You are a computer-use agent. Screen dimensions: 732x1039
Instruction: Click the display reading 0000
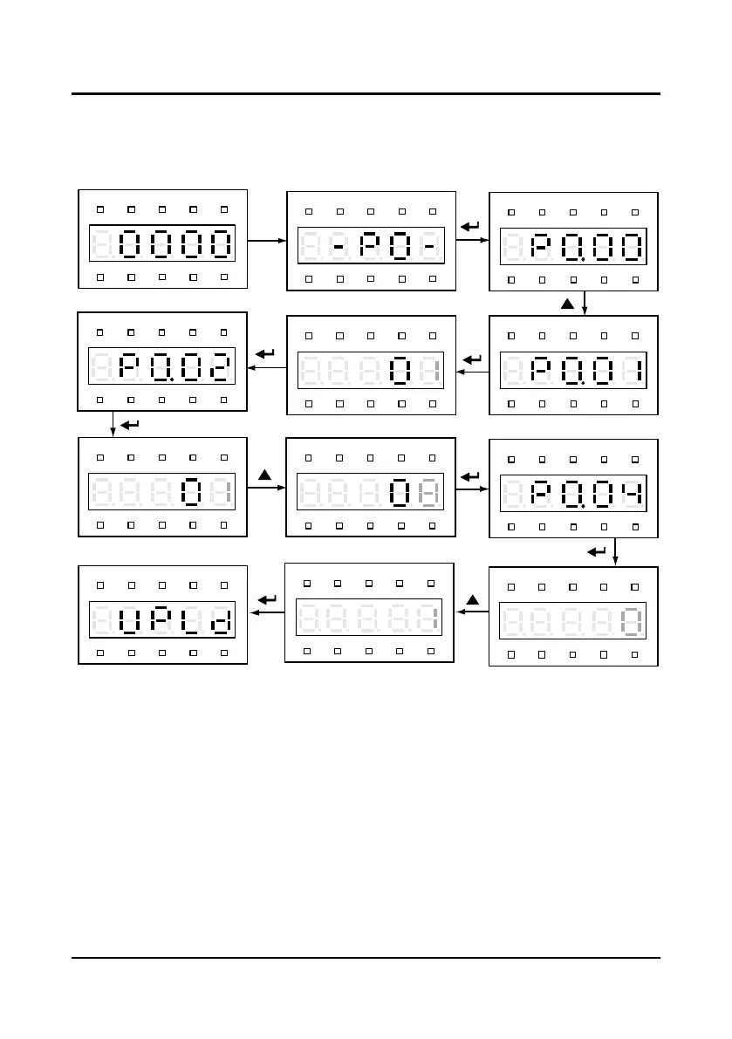pos(162,243)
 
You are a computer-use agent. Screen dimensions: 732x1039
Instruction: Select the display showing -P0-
pos(372,245)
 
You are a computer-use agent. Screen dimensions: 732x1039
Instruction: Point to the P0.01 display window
pos(572,372)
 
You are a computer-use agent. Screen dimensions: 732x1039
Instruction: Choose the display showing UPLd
pos(162,620)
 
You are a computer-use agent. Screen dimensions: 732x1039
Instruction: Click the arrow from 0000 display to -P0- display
pos(268,239)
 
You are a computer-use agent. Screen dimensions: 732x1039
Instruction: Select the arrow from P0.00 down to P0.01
pos(584,302)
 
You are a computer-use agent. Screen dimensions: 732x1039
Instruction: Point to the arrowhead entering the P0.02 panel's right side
pos(253,367)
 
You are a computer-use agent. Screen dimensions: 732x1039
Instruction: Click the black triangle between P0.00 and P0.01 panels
pos(566,304)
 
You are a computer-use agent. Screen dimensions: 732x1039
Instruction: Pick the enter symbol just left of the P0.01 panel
pos(472,359)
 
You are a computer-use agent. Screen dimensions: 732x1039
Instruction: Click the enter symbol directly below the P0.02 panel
pos(129,425)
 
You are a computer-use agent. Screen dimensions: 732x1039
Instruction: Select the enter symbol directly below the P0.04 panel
pos(598,551)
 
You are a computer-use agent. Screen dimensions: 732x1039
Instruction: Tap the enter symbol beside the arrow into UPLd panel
pos(269,599)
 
